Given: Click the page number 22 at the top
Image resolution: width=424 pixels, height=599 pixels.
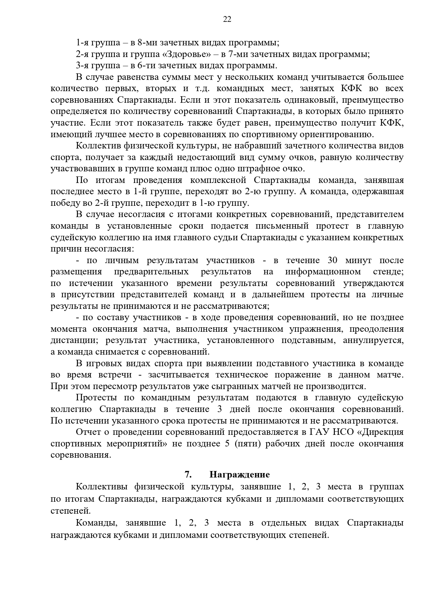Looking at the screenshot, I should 227,19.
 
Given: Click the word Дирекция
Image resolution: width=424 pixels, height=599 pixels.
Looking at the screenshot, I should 383,432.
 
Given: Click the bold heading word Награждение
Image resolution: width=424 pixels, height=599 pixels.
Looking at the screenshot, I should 240,474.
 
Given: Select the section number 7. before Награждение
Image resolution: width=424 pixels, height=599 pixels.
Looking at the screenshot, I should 188,474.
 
